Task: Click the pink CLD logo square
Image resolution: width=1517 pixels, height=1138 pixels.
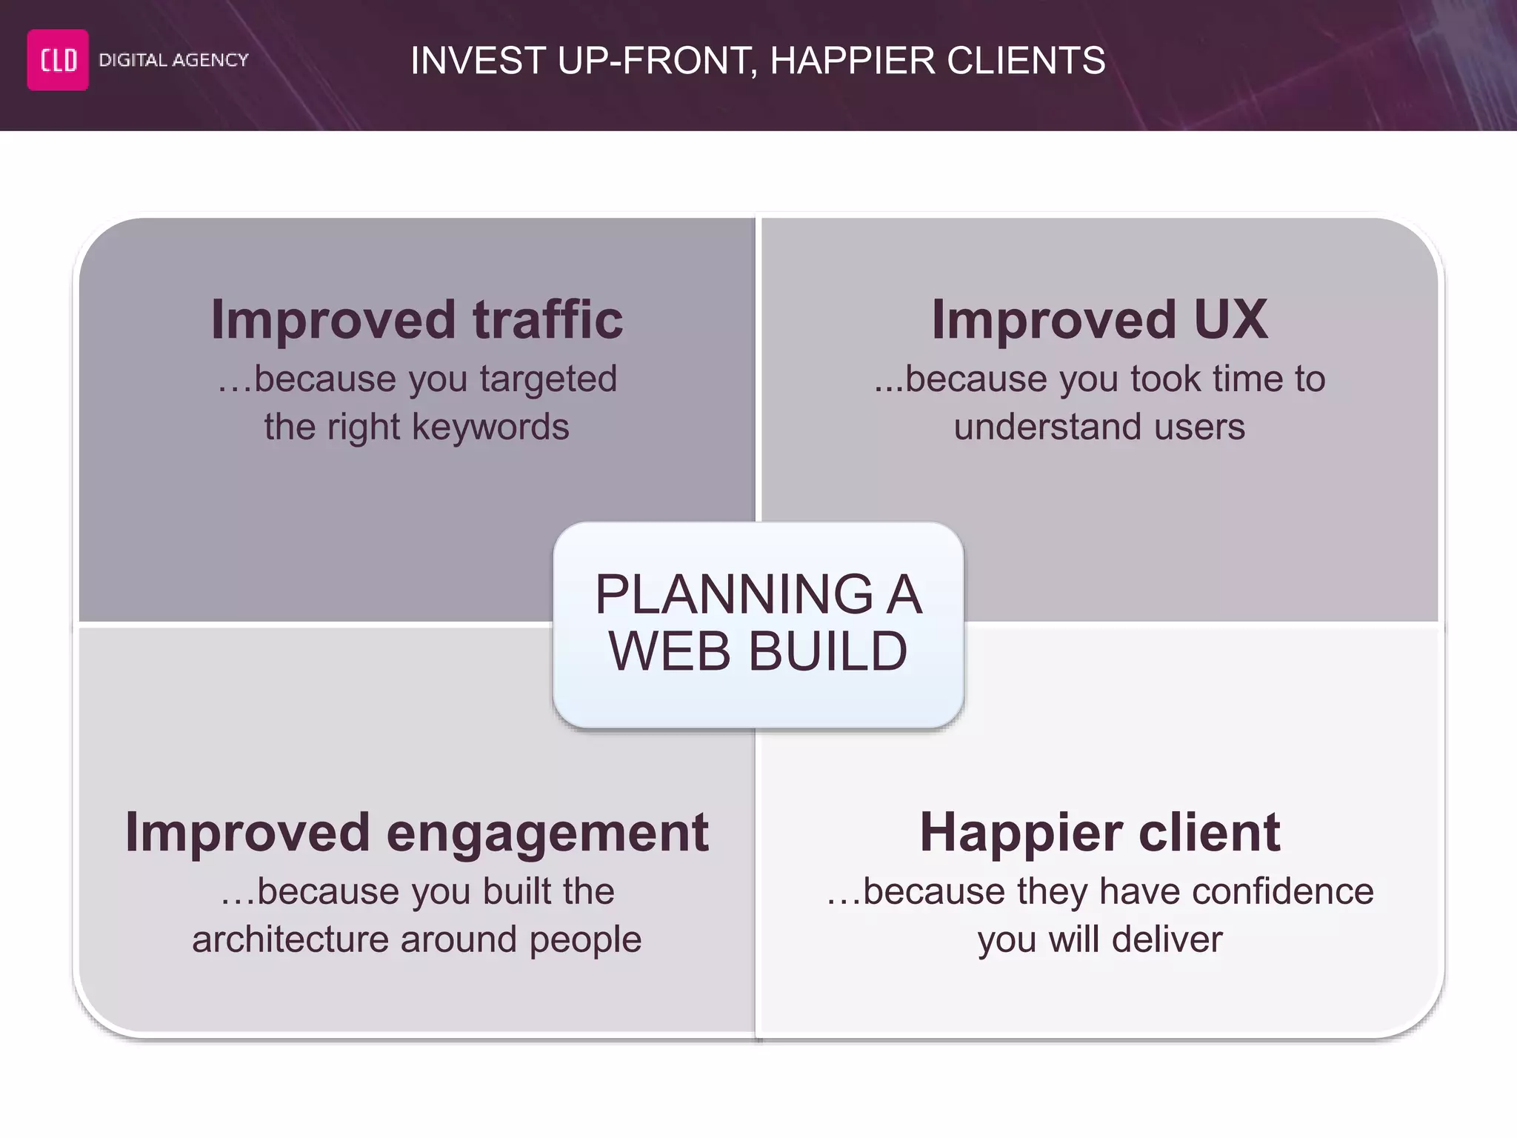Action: click(x=58, y=60)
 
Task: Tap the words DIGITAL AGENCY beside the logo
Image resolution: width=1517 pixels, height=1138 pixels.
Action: click(x=173, y=60)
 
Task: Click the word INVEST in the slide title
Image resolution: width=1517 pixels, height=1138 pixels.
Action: click(x=478, y=61)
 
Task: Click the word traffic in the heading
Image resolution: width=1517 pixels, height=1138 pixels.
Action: click(x=548, y=319)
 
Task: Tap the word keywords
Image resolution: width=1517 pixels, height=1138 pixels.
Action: click(x=490, y=427)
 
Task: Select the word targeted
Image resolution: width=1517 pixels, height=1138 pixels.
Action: click(x=548, y=379)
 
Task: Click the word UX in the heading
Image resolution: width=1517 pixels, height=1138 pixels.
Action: click(x=1230, y=319)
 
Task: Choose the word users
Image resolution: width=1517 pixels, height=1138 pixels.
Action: click(x=1199, y=427)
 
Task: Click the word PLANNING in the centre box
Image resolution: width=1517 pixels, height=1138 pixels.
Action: click(x=734, y=594)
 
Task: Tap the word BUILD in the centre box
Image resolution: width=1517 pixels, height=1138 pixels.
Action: click(x=827, y=651)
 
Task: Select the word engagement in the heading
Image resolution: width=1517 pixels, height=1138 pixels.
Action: click(x=547, y=832)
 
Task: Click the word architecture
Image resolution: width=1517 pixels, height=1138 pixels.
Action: click(x=290, y=939)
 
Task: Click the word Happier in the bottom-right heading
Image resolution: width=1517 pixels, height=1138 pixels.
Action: click(x=1021, y=832)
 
